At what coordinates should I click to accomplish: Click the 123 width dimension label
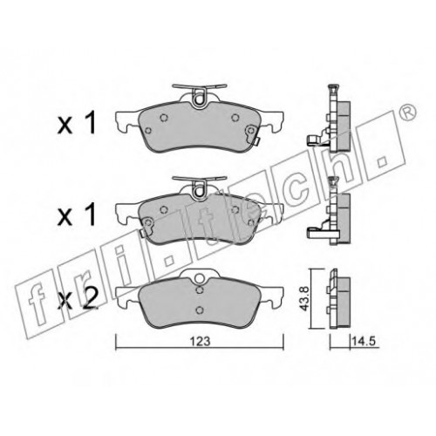point(201,341)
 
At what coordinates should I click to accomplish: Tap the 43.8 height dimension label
point(304,298)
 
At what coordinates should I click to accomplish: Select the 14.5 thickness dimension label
point(364,341)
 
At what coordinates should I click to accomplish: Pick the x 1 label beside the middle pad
point(77,215)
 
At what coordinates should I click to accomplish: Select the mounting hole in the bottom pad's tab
point(200,278)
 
